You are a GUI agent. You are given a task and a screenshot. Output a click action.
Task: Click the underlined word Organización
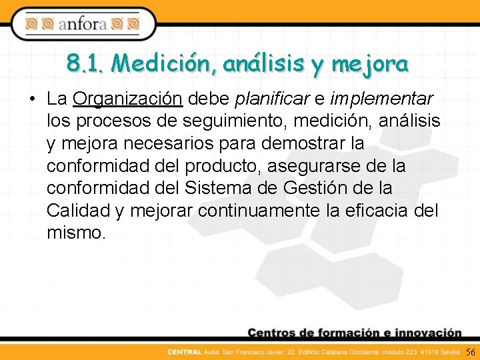point(127,99)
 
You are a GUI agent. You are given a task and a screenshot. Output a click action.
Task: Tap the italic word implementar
point(381,99)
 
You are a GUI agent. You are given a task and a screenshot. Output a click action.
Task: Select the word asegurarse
point(320,166)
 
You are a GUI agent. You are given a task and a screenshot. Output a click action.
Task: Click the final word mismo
point(76,234)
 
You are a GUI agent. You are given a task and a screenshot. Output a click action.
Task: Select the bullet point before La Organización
point(32,100)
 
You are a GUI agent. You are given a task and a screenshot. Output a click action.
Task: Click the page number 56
point(470,351)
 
